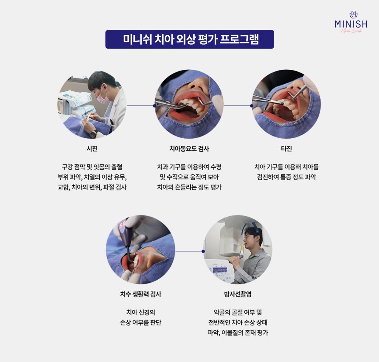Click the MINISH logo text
[351, 24]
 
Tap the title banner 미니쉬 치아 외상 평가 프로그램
[190, 39]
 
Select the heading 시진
[92, 148]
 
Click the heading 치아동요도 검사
[189, 148]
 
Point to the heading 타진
[286, 148]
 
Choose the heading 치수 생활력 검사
[141, 294]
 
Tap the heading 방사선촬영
[238, 294]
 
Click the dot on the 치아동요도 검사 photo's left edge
[155, 106]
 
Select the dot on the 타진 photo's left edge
[251, 106]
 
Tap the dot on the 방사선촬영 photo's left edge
[203, 251]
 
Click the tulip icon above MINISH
[353, 15]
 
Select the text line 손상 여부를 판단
[141, 322]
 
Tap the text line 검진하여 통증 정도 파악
[286, 177]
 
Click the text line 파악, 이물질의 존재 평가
[238, 333]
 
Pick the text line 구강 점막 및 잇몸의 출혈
[92, 167]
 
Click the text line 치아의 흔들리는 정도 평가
[189, 187]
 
